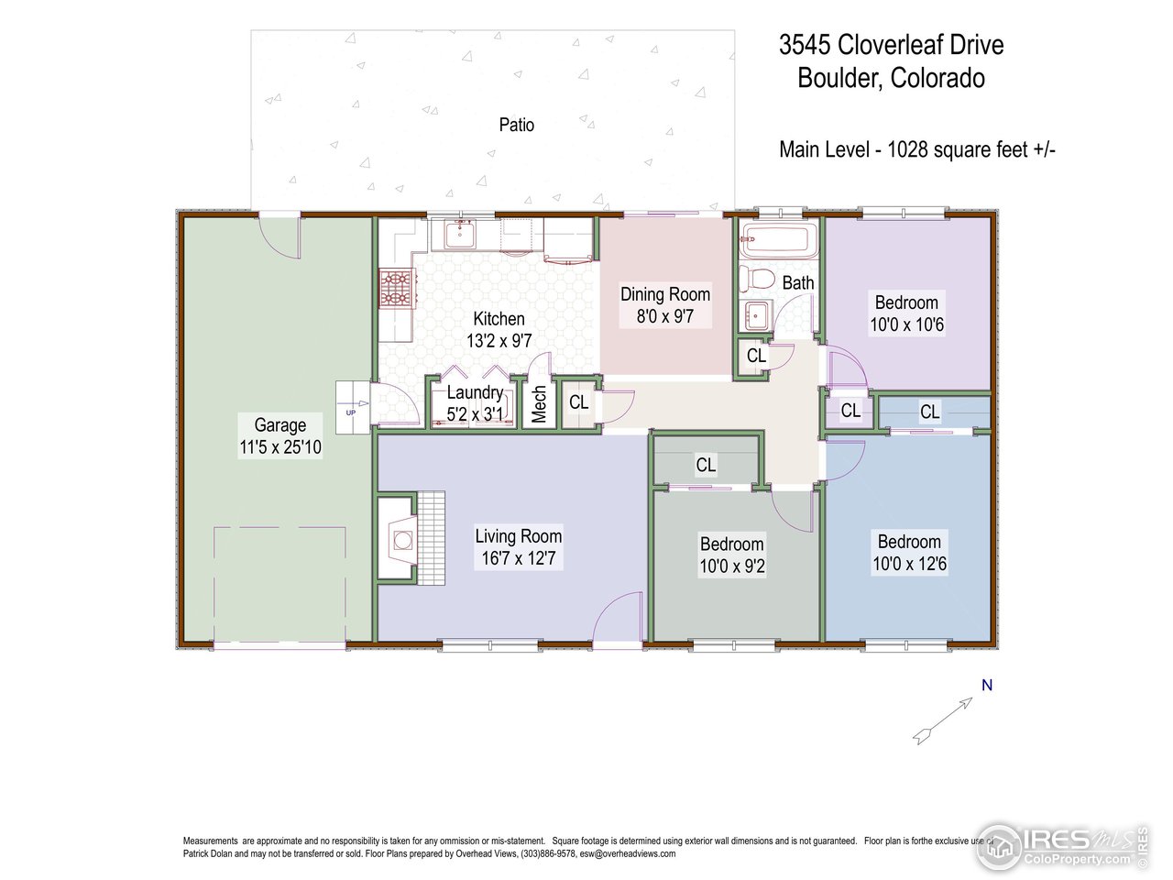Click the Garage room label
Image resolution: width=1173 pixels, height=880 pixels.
point(280,425)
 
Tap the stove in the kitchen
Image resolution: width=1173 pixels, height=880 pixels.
point(396,287)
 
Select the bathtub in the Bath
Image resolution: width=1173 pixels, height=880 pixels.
point(777,240)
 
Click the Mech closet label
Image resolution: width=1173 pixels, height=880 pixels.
point(539,404)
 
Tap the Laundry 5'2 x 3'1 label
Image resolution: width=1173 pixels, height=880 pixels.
point(475,404)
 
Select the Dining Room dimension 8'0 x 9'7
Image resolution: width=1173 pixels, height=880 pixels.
point(665,317)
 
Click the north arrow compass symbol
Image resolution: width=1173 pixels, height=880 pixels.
point(944,720)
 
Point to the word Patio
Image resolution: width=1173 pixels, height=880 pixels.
point(516,125)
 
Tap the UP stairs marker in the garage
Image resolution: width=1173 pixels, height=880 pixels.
point(351,412)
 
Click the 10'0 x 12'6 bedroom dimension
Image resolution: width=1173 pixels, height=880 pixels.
point(909,564)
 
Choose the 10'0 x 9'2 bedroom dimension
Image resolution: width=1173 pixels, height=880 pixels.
point(732,566)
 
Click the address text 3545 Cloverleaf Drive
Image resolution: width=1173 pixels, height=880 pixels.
point(891,45)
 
